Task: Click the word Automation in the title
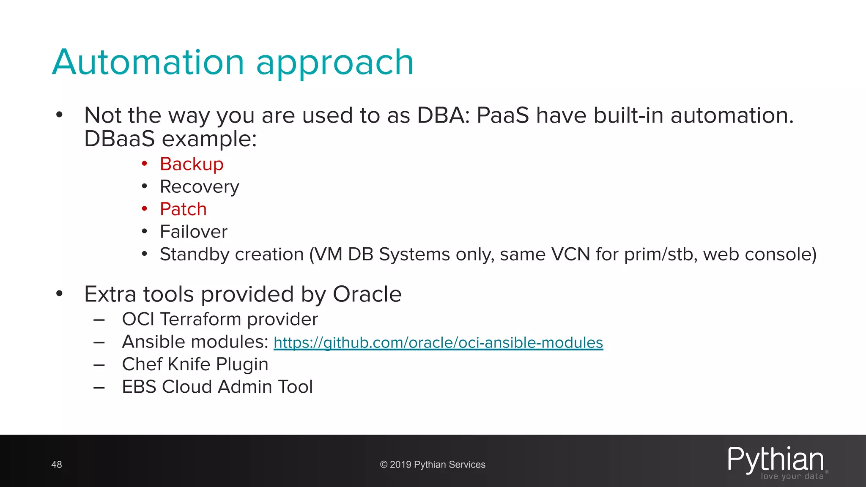click(x=148, y=63)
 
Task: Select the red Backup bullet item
click(x=192, y=164)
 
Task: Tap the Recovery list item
click(x=199, y=187)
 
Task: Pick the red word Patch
click(x=183, y=209)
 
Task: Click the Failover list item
click(x=194, y=232)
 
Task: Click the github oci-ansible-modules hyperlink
click(x=438, y=342)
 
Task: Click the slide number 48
click(x=57, y=465)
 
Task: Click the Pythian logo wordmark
click(x=775, y=459)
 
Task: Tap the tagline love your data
click(x=792, y=476)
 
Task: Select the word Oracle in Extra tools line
click(x=367, y=294)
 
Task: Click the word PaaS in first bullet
click(x=502, y=115)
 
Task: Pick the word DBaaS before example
click(x=119, y=139)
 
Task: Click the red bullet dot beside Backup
click(x=145, y=164)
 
